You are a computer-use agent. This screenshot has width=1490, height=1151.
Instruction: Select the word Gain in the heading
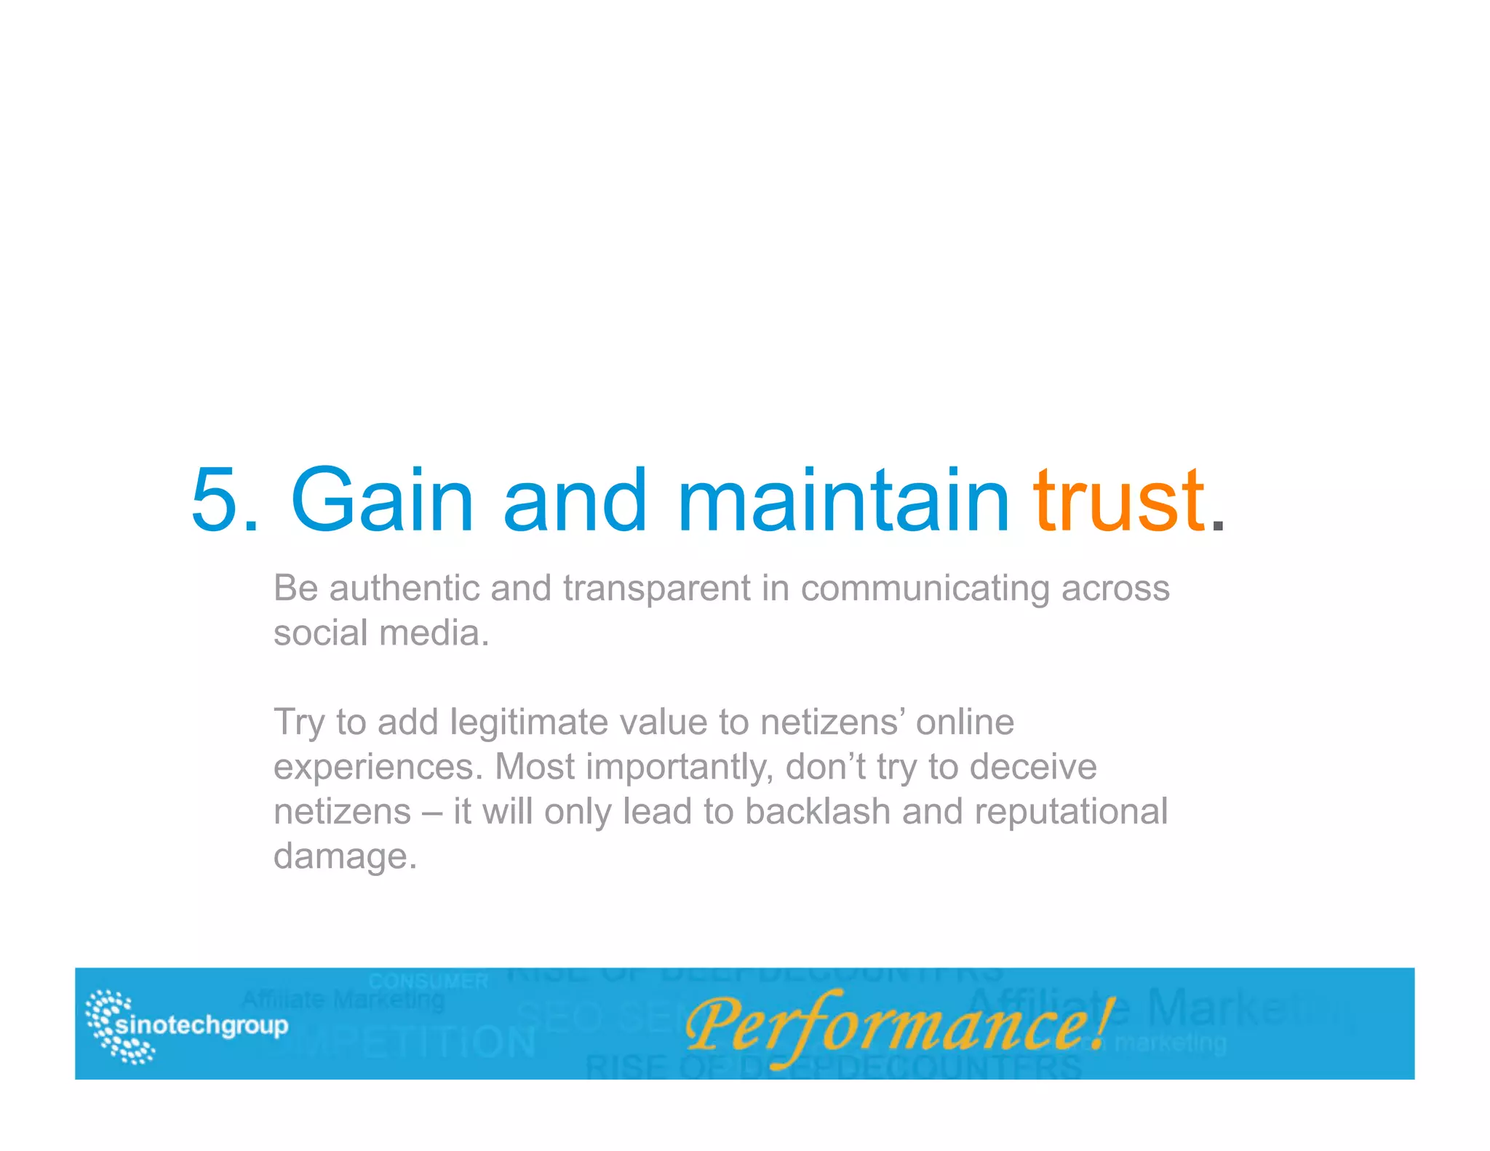tap(382, 500)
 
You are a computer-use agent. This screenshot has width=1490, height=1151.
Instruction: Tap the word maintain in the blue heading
tap(843, 500)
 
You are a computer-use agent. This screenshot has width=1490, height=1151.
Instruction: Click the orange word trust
tap(1119, 500)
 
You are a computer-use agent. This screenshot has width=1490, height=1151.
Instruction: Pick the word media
tap(434, 632)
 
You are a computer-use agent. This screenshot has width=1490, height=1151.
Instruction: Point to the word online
tap(965, 722)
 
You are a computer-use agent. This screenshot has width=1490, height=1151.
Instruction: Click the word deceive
tap(1033, 768)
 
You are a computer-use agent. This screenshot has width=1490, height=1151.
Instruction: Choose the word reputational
tap(1071, 812)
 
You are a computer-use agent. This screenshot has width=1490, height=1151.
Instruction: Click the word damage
tap(345, 857)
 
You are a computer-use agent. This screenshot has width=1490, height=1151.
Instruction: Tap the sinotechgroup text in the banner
tap(202, 1025)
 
